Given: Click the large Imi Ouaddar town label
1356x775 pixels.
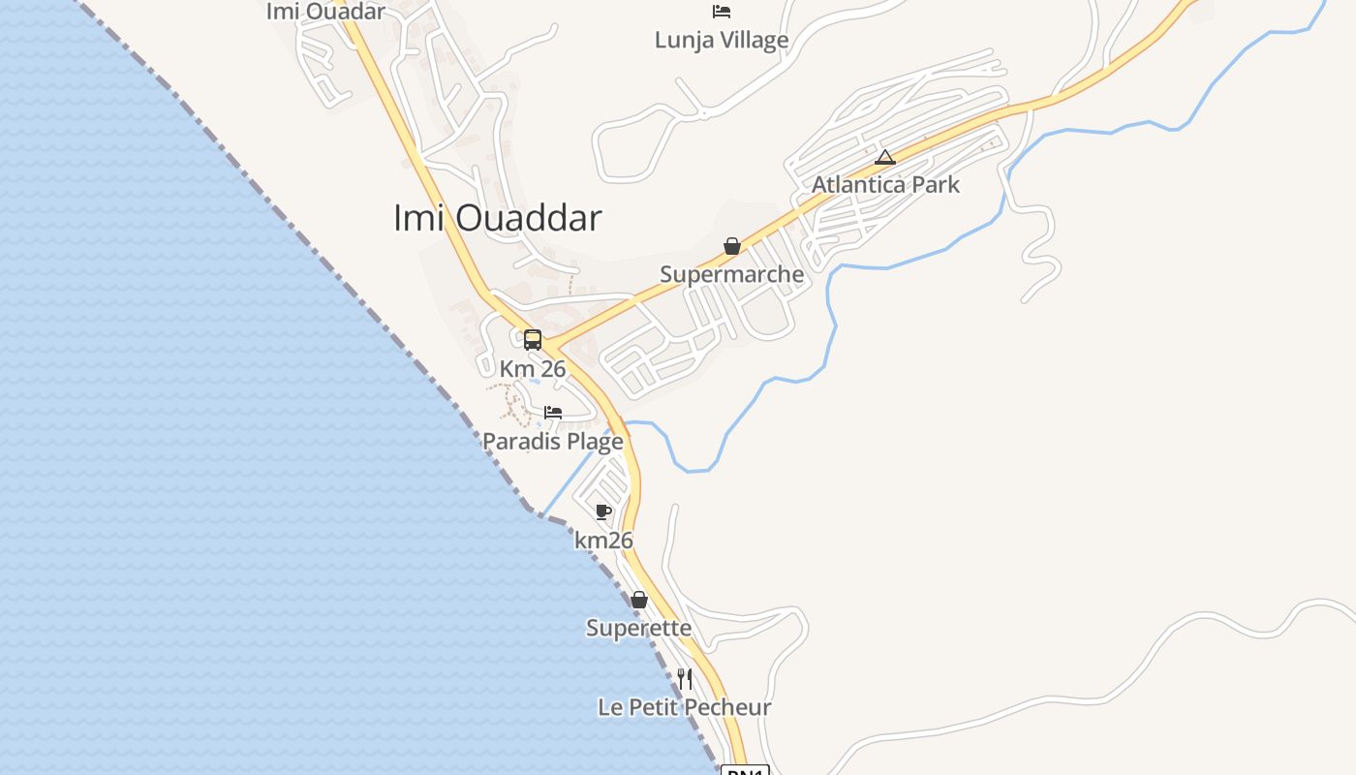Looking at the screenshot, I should pos(497,218).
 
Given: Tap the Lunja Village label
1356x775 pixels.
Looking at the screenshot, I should pos(722,40).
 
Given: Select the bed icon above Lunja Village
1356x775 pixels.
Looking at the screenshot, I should pos(722,12).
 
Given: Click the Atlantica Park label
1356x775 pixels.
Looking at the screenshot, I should pos(885,184).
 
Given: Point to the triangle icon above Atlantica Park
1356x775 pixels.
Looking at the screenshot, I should pos(884,157).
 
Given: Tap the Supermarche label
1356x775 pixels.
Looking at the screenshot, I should pos(731,274).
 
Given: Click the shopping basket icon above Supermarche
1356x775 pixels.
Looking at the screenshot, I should pos(732,246).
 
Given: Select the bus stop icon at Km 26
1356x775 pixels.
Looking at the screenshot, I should pos(533,340).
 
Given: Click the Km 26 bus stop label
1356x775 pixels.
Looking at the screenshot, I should pos(533,369).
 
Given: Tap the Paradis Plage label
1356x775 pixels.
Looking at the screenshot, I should pos(553,442).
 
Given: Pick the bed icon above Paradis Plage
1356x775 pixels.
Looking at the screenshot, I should pos(553,413).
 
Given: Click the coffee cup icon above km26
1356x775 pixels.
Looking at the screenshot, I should pos(603,511).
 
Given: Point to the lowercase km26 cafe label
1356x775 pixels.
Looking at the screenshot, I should pos(603,540).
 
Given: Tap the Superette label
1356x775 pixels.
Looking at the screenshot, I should pos(638,628).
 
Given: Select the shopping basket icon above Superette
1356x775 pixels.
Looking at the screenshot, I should pos(638,600).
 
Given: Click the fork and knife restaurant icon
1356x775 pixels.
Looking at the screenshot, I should pos(685,679).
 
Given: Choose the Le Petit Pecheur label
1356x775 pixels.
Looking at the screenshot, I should pos(685,707).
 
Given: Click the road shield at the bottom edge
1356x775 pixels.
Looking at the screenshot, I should pos(745,770).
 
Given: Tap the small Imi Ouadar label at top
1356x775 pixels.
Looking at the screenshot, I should pos(325,12).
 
